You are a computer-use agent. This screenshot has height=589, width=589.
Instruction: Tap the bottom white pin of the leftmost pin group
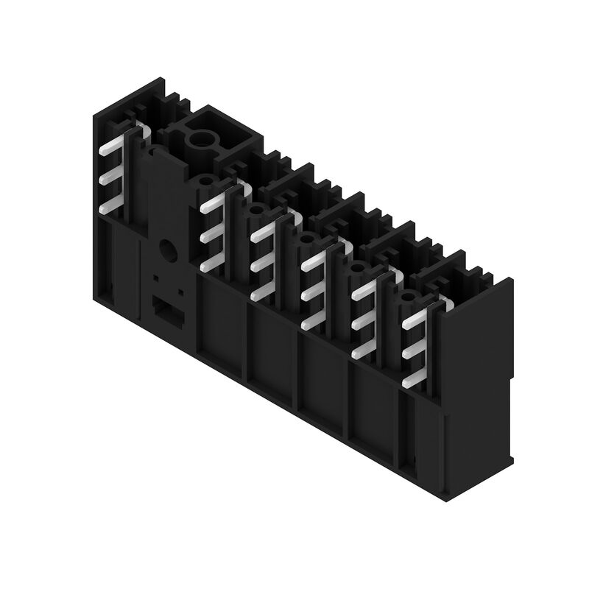(x=110, y=207)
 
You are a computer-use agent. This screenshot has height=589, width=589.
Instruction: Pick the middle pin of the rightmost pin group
(x=414, y=351)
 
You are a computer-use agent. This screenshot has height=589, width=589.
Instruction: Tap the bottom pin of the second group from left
(x=211, y=263)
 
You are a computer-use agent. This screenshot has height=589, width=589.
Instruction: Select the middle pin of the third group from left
(x=261, y=263)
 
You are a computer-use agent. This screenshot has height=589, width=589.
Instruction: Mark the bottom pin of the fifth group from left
(x=362, y=352)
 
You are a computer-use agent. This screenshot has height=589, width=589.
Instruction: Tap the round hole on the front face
(x=168, y=250)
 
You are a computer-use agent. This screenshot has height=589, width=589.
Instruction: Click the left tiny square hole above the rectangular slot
(x=155, y=280)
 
